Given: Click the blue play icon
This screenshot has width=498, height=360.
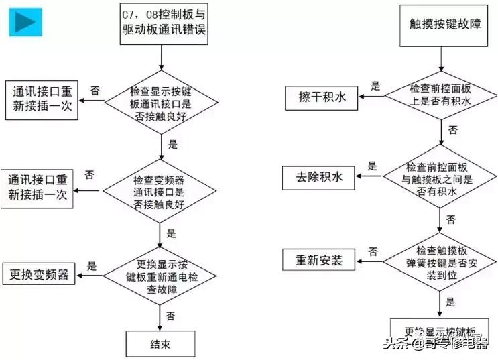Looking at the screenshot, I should (25, 22).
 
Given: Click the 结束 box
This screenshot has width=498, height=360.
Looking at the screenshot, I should (160, 344).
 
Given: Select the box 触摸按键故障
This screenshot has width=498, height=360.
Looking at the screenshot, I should (440, 25).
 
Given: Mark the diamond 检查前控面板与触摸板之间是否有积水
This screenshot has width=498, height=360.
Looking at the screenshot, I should (439, 179).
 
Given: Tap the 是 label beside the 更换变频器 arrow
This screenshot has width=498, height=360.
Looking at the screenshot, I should (92, 265).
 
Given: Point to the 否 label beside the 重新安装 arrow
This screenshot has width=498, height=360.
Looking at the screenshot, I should (372, 251).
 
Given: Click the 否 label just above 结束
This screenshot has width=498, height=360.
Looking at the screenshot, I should (170, 316).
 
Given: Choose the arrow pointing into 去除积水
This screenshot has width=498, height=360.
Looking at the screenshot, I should (369, 178).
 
